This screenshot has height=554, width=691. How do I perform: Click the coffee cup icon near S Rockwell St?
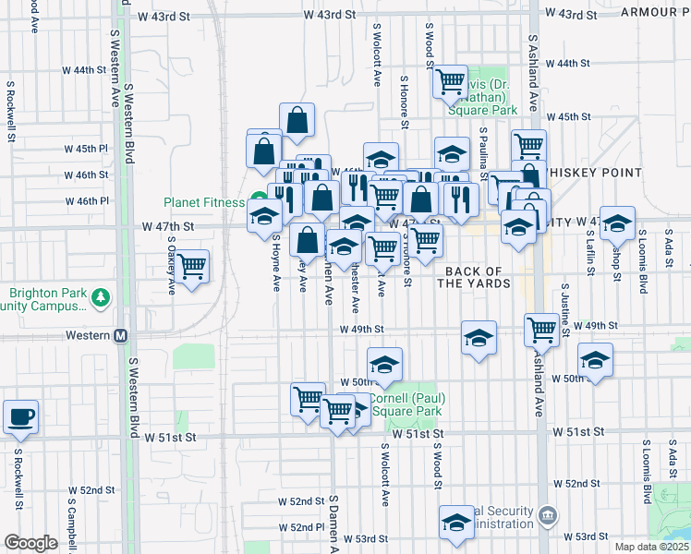20,416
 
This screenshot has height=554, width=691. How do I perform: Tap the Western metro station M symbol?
120,335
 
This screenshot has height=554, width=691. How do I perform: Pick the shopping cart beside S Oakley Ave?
193,266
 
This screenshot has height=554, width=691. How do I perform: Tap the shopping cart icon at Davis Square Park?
450,82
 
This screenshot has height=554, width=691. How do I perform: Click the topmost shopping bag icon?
297,120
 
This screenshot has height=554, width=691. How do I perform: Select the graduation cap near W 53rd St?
455,524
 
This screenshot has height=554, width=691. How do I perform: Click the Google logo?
30,543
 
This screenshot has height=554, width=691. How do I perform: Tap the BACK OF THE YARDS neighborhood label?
474,278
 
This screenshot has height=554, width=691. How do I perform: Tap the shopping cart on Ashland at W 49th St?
542,329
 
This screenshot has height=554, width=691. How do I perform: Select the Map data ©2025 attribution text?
652,547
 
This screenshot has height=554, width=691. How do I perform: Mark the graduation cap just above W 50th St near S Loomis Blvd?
595,360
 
